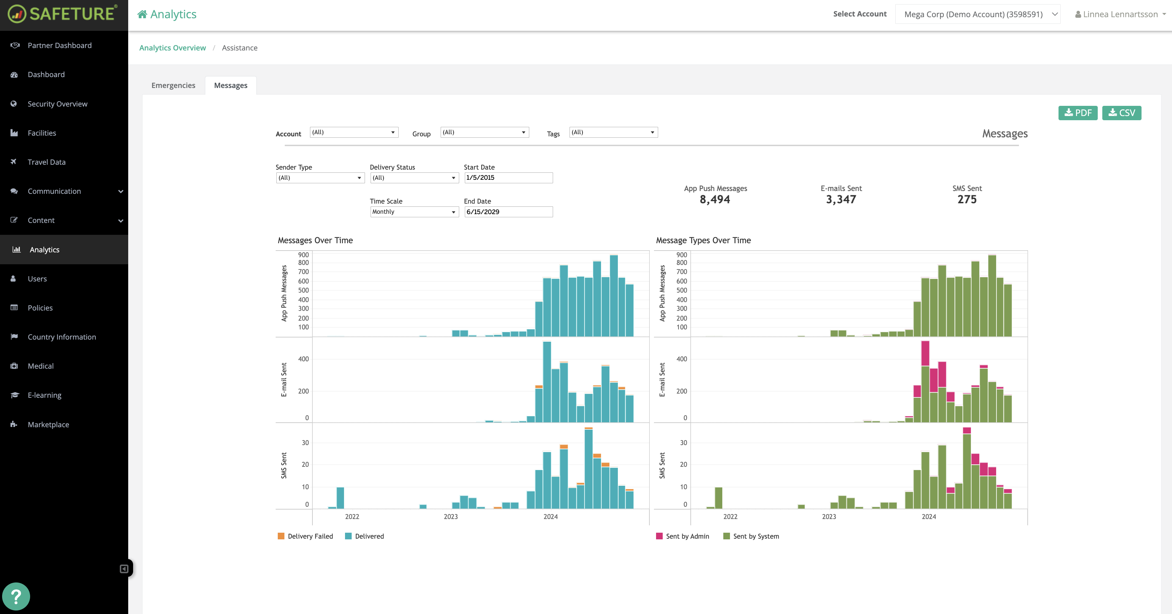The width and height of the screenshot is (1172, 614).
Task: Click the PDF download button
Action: [x=1077, y=113]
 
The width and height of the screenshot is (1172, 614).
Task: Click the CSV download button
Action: [x=1121, y=113]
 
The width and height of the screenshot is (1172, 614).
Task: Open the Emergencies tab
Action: [x=173, y=86]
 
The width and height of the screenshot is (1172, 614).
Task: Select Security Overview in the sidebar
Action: [x=57, y=104]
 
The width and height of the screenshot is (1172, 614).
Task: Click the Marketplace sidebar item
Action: [x=48, y=424]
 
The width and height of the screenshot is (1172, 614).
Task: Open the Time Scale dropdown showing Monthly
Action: [x=414, y=212]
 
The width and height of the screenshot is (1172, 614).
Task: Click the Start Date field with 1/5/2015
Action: [x=508, y=178]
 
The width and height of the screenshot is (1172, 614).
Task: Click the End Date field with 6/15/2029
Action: [x=508, y=212]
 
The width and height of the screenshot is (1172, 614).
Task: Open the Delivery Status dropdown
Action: [x=414, y=178]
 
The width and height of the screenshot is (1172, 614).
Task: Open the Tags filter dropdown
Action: [x=613, y=132]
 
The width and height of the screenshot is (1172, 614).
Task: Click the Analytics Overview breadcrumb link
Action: [x=172, y=48]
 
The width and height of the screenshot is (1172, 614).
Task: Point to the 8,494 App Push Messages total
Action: [x=715, y=199]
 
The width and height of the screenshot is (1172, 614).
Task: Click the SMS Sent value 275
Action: [x=967, y=199]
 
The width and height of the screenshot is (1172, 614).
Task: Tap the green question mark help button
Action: [x=16, y=596]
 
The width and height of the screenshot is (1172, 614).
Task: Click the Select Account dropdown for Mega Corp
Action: [x=977, y=14]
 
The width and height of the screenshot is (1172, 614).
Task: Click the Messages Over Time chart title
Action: [x=315, y=240]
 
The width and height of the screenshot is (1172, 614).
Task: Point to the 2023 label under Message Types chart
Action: [x=829, y=517]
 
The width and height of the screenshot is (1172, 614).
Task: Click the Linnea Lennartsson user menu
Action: [x=1120, y=14]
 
